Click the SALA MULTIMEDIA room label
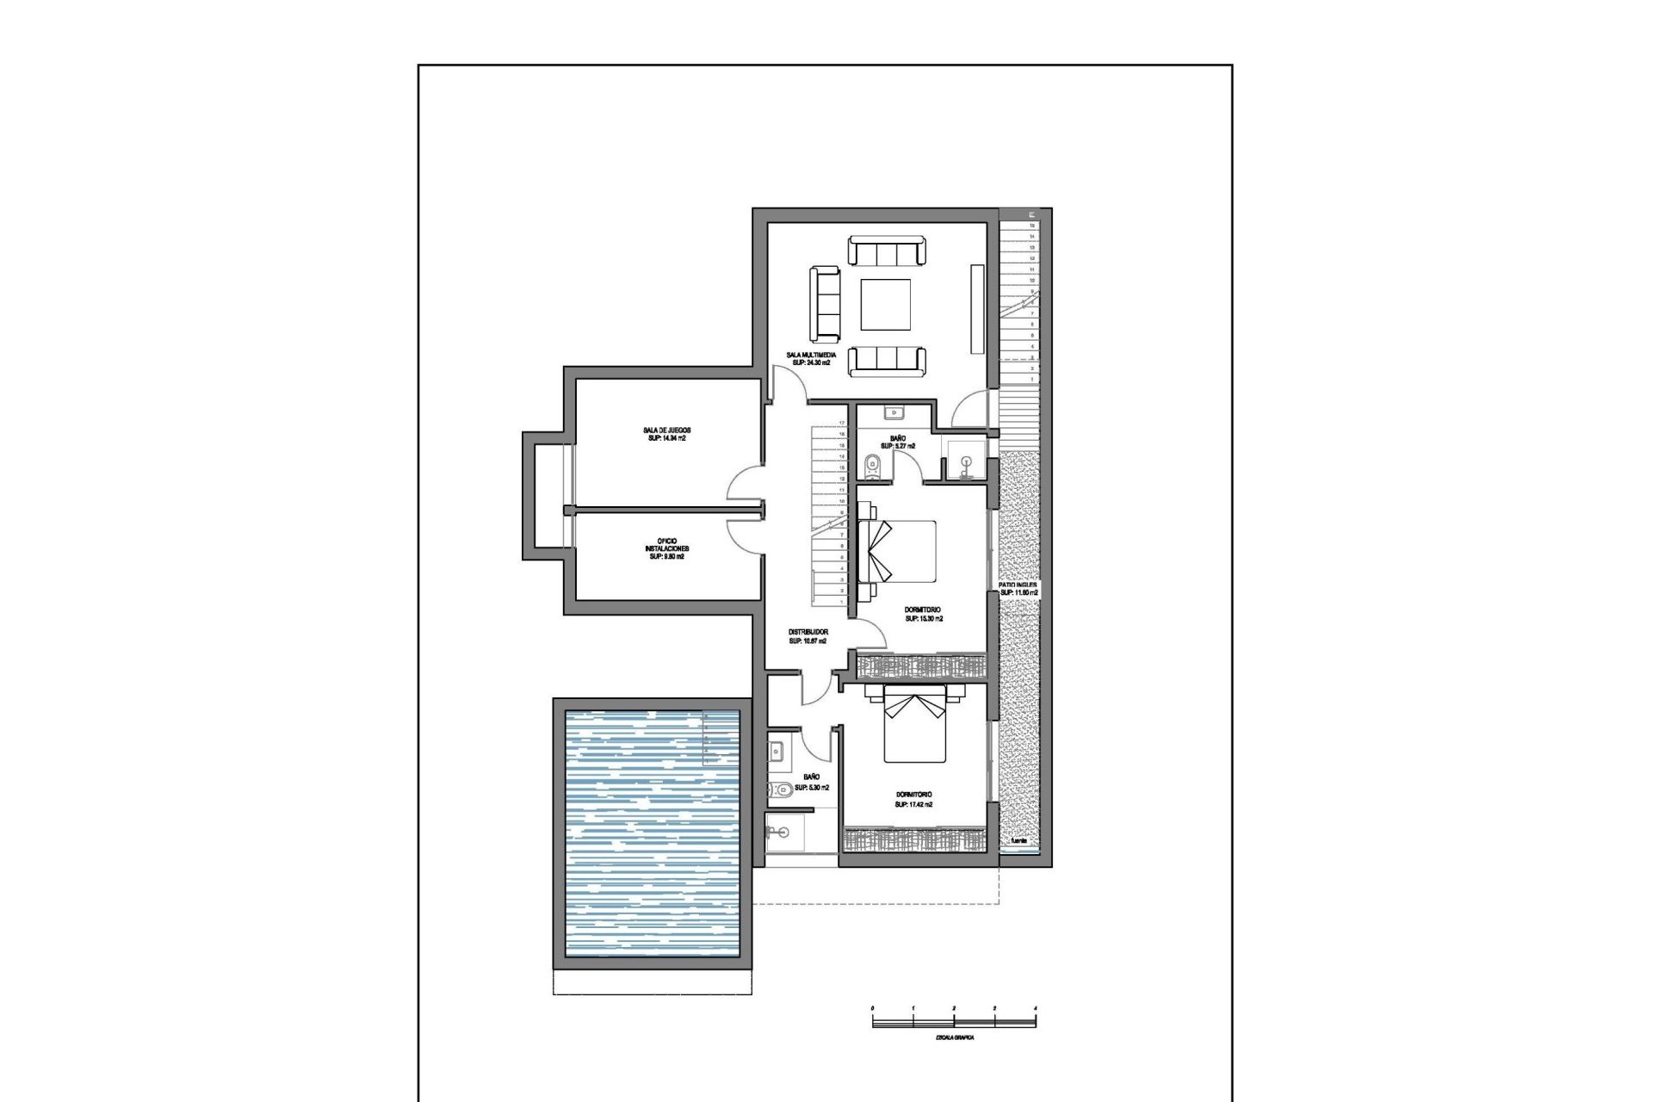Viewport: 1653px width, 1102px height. pyautogui.click(x=811, y=355)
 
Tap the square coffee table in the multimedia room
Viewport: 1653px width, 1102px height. pyautogui.click(x=886, y=305)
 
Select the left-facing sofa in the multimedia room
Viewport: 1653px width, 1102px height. pyautogui.click(x=825, y=304)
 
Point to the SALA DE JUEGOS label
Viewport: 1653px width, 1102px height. pyautogui.click(x=666, y=430)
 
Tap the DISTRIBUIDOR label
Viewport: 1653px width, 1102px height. pyautogui.click(x=808, y=632)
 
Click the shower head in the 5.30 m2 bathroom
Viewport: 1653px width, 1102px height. pyautogui.click(x=778, y=832)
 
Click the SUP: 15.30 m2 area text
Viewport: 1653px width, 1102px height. pyautogui.click(x=923, y=618)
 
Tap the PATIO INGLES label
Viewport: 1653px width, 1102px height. pyautogui.click(x=1018, y=585)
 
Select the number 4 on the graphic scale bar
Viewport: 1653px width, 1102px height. pyautogui.click(x=1035, y=1007)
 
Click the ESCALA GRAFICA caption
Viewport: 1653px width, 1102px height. pyautogui.click(x=954, y=1038)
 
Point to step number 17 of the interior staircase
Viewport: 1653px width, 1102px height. pyautogui.click(x=841, y=423)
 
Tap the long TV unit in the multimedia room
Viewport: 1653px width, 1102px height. pyautogui.click(x=976, y=308)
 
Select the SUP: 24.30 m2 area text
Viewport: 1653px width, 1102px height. pyautogui.click(x=811, y=363)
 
